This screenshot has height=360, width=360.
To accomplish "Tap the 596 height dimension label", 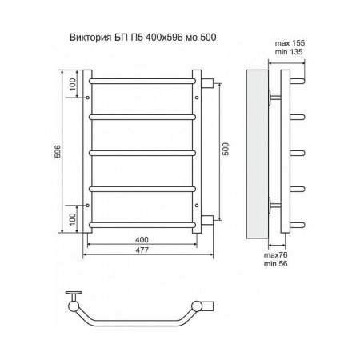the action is pyautogui.click(x=58, y=151).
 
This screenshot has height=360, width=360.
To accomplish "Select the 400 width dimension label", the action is pyautogui.click(x=142, y=240).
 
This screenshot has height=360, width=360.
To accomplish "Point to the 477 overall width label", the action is pyautogui.click(x=142, y=250).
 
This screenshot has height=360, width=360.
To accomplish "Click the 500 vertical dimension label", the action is pyautogui.click(x=226, y=150).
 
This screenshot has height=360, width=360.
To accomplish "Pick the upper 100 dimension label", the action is pyautogui.click(x=73, y=84).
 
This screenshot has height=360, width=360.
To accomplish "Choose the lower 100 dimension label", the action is pyautogui.click(x=73, y=219).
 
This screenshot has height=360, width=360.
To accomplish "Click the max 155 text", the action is pyautogui.click(x=290, y=43).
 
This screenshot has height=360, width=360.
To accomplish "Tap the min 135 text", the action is pyautogui.click(x=289, y=52).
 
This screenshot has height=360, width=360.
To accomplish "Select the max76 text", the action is pyautogui.click(x=276, y=255).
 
